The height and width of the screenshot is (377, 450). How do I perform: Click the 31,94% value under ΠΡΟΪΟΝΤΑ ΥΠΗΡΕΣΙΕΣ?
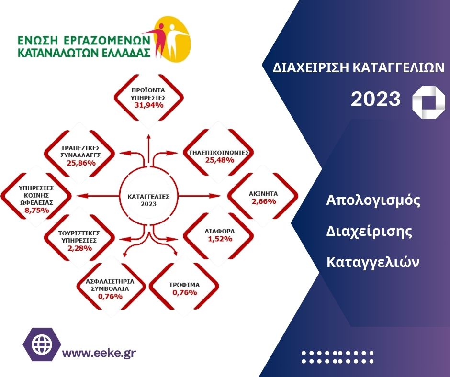point(149,105)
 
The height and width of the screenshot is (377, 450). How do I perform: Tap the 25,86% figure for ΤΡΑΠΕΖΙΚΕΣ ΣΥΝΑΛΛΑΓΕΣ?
point(81,163)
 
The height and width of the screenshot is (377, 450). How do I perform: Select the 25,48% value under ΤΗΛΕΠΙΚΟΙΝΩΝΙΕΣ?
point(220,160)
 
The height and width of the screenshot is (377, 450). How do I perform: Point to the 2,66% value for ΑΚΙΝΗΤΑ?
point(264,201)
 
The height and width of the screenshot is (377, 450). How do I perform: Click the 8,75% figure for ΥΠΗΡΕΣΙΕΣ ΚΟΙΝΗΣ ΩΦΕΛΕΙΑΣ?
point(37,211)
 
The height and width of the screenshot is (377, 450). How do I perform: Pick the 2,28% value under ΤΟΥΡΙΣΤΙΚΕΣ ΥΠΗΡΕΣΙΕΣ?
point(80,248)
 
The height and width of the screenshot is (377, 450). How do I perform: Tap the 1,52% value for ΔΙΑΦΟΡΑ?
point(220,239)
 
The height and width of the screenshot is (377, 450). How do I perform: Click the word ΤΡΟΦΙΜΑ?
point(184,285)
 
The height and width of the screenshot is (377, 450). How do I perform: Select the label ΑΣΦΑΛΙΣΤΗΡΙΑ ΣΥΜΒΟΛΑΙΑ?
point(110,285)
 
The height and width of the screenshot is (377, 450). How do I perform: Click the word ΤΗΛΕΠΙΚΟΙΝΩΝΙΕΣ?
point(219,153)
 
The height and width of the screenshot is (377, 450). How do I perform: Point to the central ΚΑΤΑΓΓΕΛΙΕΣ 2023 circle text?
point(148,200)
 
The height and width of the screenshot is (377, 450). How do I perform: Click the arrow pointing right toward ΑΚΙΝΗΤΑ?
point(200,196)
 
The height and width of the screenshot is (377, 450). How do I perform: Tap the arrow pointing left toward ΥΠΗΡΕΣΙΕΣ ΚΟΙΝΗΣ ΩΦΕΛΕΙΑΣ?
point(98,196)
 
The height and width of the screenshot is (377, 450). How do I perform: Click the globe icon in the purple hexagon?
point(42,344)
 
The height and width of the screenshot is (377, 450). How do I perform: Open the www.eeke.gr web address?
point(99,353)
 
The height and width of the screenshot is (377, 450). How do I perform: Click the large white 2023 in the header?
point(376,99)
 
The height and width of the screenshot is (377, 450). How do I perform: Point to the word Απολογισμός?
point(373,201)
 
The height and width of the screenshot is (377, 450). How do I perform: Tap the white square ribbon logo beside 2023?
point(429,102)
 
